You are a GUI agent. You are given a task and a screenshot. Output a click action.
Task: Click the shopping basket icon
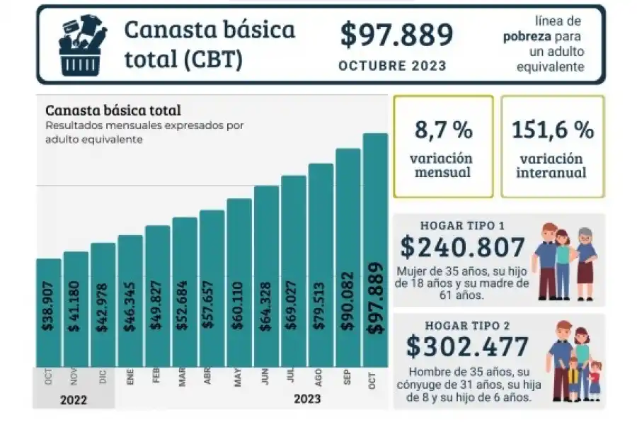[x=82, y=45]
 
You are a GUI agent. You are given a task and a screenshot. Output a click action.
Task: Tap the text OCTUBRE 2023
[x=392, y=66]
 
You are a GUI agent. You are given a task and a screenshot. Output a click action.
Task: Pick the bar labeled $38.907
[x=49, y=312]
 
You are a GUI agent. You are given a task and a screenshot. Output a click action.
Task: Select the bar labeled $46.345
[x=130, y=301]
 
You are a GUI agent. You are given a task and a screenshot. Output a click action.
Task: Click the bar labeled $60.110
[x=239, y=283]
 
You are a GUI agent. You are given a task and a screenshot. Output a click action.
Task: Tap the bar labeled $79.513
[x=321, y=266]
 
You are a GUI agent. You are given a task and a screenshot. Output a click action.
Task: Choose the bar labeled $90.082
[x=348, y=259]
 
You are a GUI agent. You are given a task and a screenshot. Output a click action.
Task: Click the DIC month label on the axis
[x=103, y=378]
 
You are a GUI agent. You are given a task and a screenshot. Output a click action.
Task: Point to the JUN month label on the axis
[x=265, y=378]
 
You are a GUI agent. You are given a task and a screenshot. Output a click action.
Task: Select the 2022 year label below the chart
[x=74, y=399]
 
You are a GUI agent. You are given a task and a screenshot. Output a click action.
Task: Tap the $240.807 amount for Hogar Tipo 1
[x=463, y=246]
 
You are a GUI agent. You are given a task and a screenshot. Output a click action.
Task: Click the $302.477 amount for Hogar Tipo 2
[x=467, y=347]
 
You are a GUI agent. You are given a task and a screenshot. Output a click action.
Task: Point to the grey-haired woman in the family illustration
[x=586, y=259]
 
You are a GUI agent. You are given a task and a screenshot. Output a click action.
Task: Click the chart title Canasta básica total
[x=113, y=110]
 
